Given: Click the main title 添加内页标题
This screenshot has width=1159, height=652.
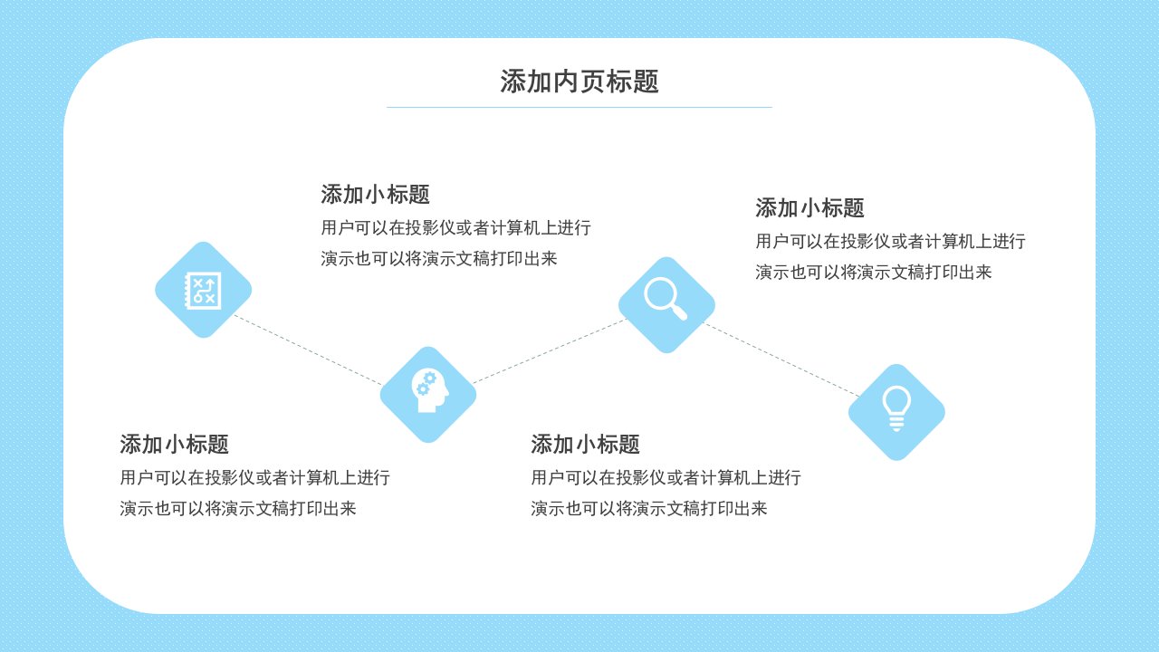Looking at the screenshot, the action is tap(579, 81).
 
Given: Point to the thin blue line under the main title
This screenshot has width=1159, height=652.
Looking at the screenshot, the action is tap(579, 107).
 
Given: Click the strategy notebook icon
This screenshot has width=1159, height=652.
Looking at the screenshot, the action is tap(204, 291).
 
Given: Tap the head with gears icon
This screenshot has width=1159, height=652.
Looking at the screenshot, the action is tap(429, 390).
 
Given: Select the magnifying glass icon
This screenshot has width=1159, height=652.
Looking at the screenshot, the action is tap(666, 299).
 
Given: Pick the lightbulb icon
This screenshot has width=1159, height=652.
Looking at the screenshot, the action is tap(896, 408).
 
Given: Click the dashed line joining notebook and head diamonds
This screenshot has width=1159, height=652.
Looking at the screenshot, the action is tap(309, 350).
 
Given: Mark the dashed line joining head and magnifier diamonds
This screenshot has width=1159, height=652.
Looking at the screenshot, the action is tap(550, 351).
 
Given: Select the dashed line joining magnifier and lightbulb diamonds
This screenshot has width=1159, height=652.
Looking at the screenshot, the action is tap(781, 360).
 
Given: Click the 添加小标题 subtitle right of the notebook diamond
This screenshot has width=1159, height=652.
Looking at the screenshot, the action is tap(375, 195).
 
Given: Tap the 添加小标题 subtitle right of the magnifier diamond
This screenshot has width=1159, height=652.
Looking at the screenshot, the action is tap(809, 208).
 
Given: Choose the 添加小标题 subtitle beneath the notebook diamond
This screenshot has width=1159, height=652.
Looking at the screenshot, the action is tap(175, 445).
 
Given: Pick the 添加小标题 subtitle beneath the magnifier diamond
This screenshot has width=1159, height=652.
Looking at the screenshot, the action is tap(585, 445).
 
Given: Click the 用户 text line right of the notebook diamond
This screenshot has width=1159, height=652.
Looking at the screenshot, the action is tap(455, 227).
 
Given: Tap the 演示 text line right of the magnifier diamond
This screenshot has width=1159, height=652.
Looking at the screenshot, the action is tap(874, 273).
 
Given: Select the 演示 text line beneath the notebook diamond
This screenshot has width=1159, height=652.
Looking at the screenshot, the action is tap(238, 509).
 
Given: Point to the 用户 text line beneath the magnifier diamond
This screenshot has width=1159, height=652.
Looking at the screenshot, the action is tap(666, 477).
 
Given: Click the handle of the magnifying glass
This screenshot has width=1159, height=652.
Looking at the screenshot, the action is tap(679, 312).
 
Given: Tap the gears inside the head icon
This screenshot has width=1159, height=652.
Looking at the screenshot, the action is tap(426, 383).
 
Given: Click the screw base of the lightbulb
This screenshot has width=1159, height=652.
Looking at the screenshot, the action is tap(896, 424).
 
